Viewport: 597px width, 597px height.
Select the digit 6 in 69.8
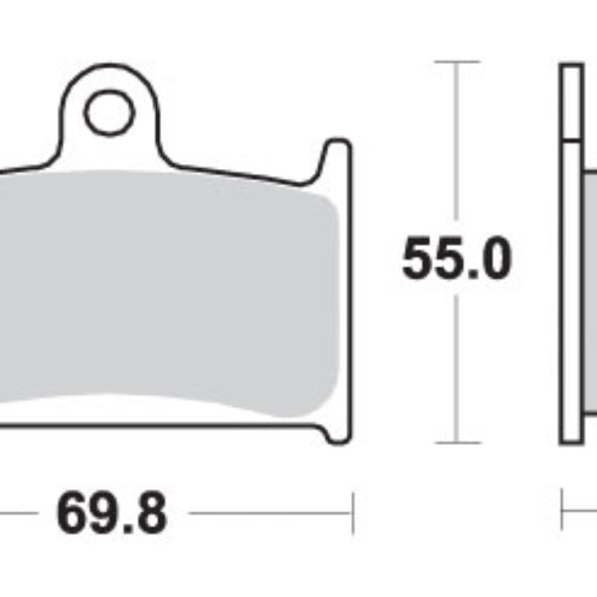click(x=73, y=514)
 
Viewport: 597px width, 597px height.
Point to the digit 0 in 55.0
click(x=494, y=260)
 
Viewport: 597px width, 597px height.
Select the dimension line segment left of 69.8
click(x=14, y=514)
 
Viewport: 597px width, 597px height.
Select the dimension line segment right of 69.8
click(x=269, y=514)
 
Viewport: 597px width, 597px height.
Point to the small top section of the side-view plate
click(x=571, y=99)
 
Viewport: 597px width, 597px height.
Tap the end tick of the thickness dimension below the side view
click(x=563, y=514)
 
